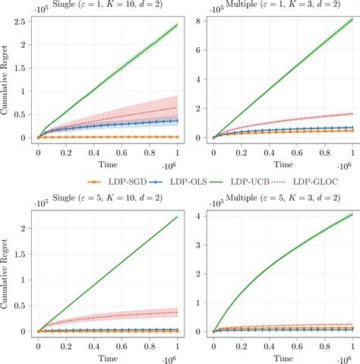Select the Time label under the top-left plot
point(106,163)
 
